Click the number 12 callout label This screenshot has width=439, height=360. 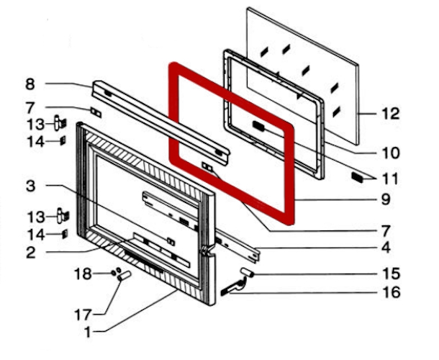391,114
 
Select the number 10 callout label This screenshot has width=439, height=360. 391,153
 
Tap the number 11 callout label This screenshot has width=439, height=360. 390,179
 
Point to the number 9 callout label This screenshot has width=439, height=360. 386,199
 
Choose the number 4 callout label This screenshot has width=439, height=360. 386,248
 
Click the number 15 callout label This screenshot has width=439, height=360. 391,274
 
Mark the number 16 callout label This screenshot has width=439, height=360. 391,292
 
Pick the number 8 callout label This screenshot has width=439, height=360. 30,84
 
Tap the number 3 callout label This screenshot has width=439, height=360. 30,186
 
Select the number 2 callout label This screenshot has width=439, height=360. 31,252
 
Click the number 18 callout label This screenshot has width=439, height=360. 83,274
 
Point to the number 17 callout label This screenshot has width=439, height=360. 83,315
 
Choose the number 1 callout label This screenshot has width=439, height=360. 88,332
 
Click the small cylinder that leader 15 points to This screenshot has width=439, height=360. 247,272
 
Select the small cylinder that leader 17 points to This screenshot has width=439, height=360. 125,275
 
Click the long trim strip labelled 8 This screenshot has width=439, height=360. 160,122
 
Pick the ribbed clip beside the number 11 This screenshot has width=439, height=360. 357,177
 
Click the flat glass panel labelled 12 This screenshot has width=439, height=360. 303,76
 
